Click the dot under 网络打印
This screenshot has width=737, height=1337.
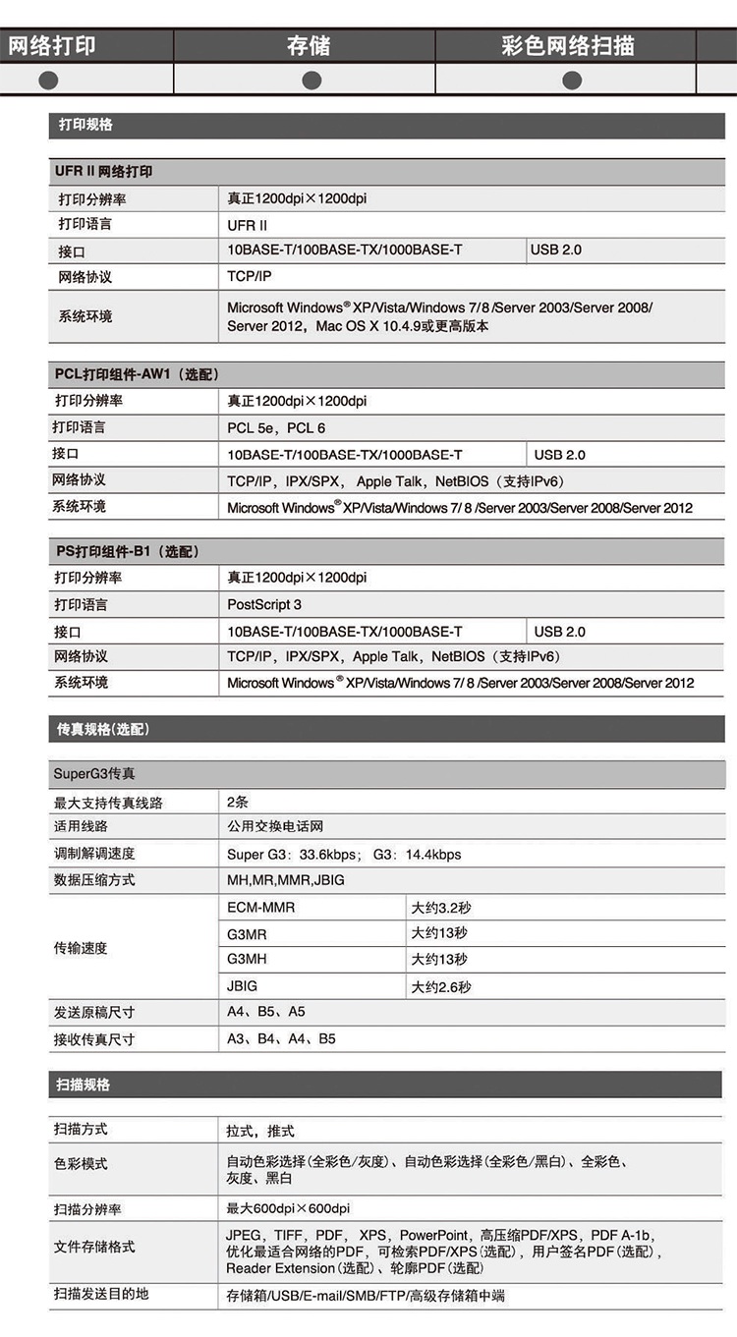[48, 79]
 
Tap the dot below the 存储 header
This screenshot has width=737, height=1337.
[312, 79]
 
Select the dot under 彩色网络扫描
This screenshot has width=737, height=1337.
[571, 79]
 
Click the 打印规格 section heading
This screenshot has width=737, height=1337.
[86, 125]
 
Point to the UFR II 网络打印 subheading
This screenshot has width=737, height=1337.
[104, 171]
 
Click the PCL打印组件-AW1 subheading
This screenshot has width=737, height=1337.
[136, 374]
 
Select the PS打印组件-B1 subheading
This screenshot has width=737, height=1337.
[128, 551]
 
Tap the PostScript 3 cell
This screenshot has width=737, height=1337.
[264, 604]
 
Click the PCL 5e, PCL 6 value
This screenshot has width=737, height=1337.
[276, 427]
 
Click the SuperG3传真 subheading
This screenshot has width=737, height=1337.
[94, 774]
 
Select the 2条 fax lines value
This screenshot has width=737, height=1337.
[238, 802]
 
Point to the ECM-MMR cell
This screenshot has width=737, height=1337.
[260, 907]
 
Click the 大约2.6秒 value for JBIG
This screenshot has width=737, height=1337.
[441, 986]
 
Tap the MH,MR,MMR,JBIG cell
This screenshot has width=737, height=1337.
[286, 880]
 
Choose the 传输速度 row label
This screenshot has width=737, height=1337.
[81, 948]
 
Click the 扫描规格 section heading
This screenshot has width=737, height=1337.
[84, 1085]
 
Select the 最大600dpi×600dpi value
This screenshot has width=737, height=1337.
[288, 1207]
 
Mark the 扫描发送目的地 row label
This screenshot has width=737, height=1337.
[101, 1294]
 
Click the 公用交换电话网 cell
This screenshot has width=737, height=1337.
[275, 827]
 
